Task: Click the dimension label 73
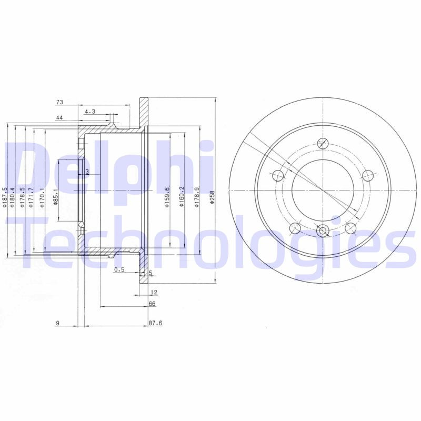(x=59, y=102)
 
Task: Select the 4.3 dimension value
(x=89, y=111)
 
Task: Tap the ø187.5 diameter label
(x=4, y=197)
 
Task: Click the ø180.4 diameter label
(x=13, y=197)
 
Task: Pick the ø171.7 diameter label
(x=31, y=197)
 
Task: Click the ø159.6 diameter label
(x=167, y=197)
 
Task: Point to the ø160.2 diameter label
(x=182, y=197)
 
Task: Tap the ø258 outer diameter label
(x=213, y=197)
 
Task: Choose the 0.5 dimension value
(x=119, y=270)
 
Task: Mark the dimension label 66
(x=152, y=304)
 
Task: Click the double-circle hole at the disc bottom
(x=323, y=229)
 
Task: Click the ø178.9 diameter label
(x=197, y=197)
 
